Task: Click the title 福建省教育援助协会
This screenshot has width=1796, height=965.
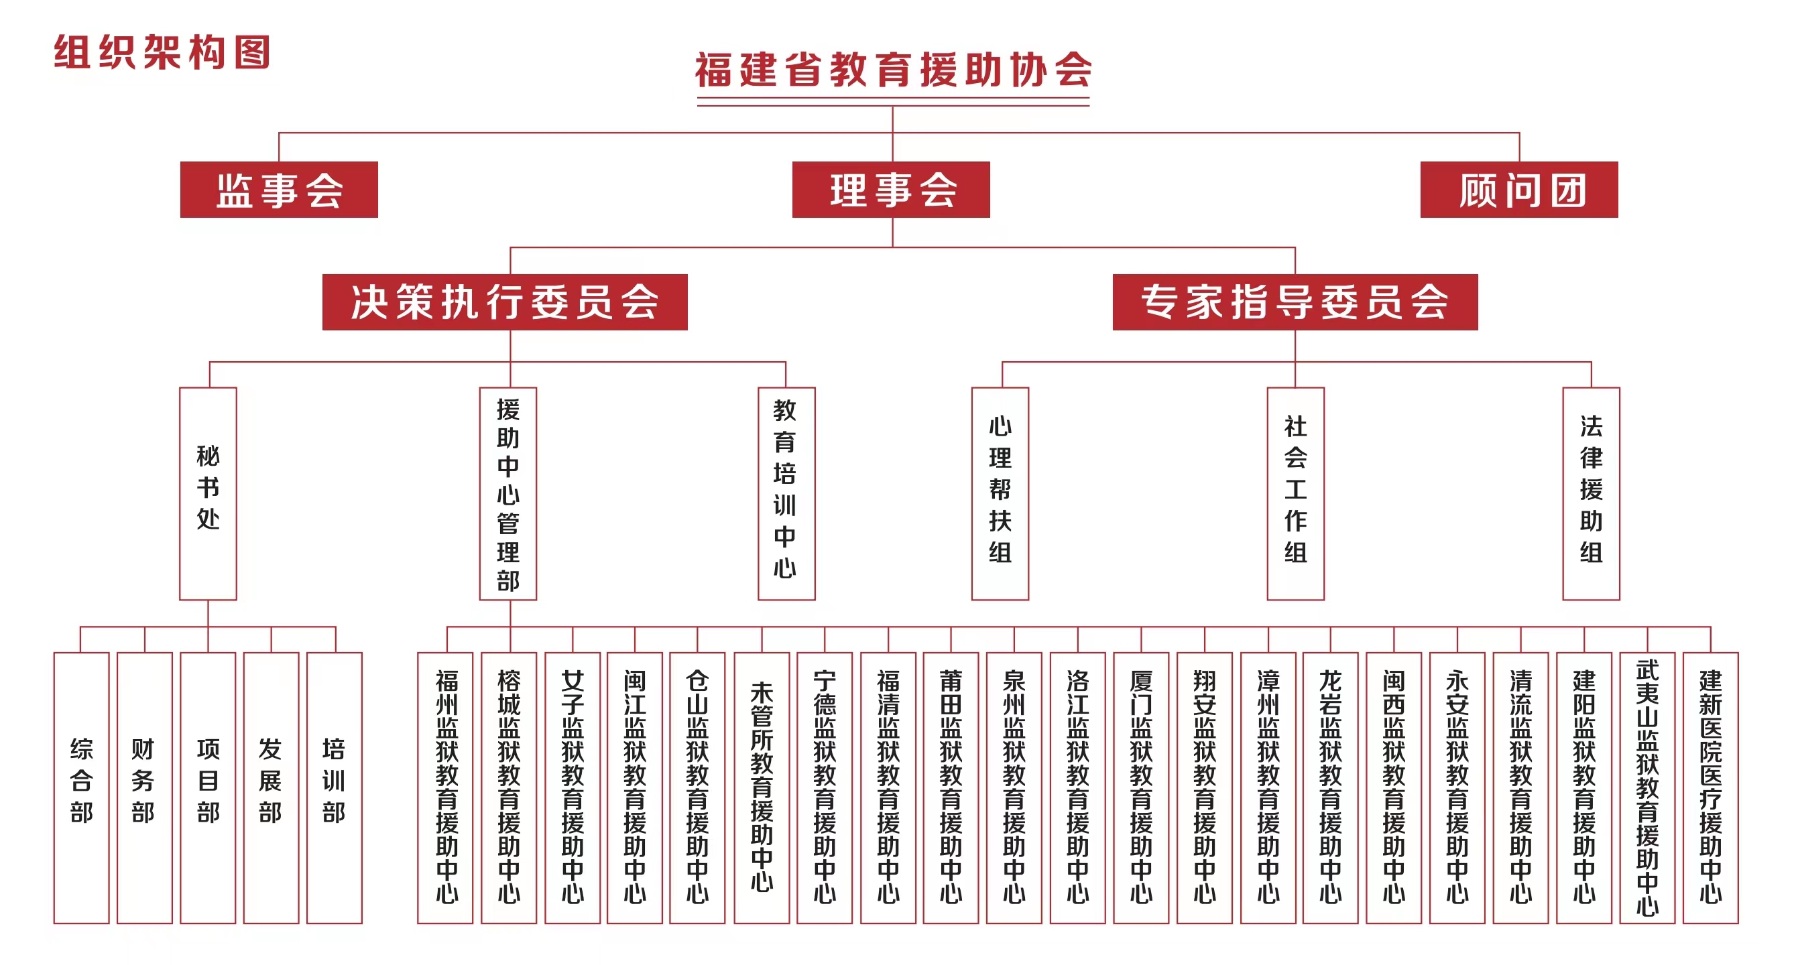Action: [x=893, y=70]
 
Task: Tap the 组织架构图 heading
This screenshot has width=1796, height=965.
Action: [x=162, y=52]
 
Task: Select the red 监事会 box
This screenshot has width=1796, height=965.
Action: [x=279, y=190]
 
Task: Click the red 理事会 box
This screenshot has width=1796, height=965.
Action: [x=891, y=190]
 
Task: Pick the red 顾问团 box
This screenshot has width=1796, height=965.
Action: [x=1519, y=190]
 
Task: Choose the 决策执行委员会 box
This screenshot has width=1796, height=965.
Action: [x=505, y=302]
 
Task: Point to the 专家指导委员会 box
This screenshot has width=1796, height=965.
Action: [x=1295, y=302]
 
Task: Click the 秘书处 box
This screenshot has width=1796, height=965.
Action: [x=208, y=493]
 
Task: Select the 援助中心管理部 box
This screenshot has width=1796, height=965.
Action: [x=508, y=493]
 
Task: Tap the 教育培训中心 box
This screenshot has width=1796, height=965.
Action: [x=786, y=493]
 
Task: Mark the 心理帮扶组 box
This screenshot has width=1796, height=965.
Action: [x=1000, y=493]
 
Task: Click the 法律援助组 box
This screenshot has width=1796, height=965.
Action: [x=1591, y=493]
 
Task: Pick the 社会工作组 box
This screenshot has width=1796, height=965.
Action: [x=1295, y=493]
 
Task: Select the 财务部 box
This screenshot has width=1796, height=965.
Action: [x=144, y=787]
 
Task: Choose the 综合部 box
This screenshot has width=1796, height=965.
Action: [x=82, y=787]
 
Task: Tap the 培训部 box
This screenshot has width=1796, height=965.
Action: [x=335, y=787]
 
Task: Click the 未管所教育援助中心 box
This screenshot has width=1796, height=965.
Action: [x=762, y=787]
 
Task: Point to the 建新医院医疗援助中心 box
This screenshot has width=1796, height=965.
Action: [x=1711, y=787]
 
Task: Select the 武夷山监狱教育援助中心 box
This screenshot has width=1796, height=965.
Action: [x=1647, y=787]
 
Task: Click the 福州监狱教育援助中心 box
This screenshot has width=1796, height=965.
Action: [x=446, y=787]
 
